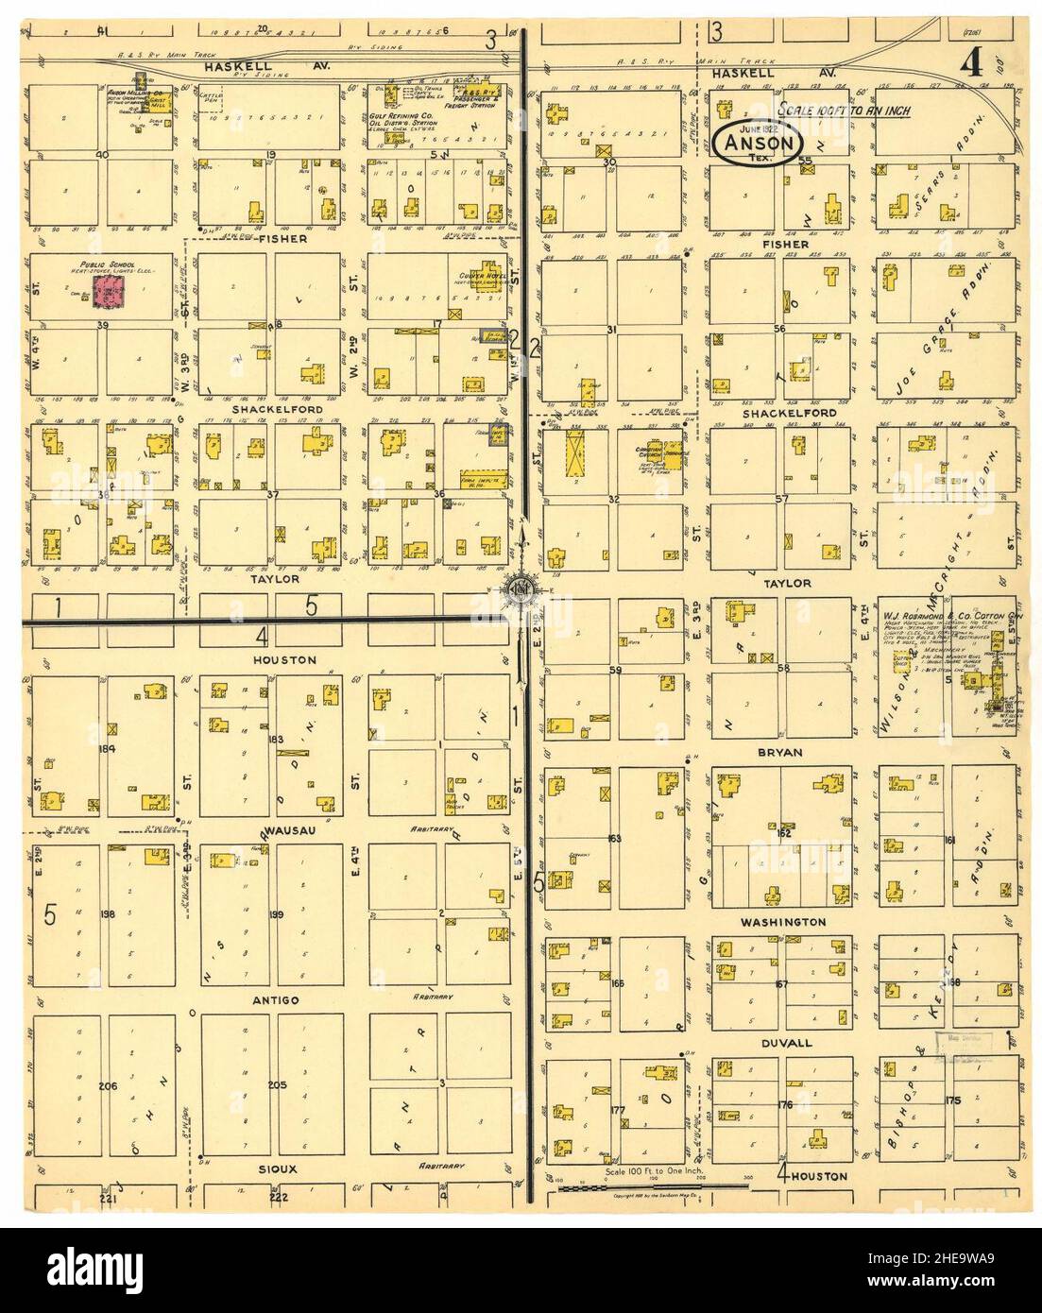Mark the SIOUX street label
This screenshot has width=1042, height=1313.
pyautogui.click(x=278, y=1168)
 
